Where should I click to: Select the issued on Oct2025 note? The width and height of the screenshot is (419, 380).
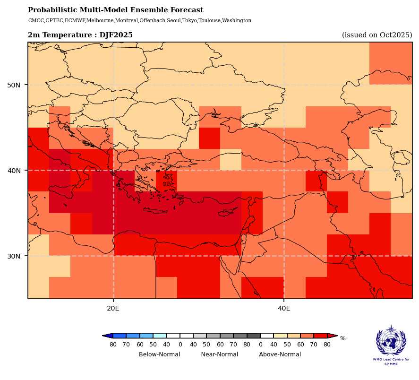[377, 35]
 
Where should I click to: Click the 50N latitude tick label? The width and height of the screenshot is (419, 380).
[14, 85]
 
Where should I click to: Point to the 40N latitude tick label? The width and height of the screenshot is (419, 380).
[14, 171]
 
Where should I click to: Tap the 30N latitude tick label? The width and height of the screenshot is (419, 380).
[14, 256]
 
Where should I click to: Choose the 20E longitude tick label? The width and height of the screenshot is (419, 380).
[113, 309]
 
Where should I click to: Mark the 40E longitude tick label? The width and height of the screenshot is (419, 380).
[284, 309]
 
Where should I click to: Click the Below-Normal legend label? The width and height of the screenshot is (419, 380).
[159, 354]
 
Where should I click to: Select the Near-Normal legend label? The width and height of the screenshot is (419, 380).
[220, 354]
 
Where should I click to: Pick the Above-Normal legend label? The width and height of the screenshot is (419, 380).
[280, 354]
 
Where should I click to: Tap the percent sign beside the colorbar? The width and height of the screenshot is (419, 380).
[343, 338]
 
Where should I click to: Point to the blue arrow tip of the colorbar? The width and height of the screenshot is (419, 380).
[106, 336]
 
